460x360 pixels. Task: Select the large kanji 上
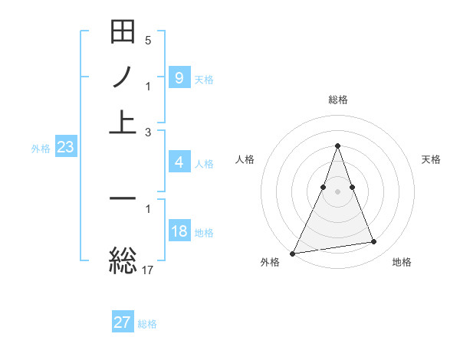pyautogui.click(x=123, y=121)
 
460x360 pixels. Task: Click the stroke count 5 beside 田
pyautogui.click(x=148, y=40)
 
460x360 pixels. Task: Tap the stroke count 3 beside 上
pyautogui.click(x=148, y=132)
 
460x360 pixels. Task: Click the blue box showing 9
pyautogui.click(x=179, y=77)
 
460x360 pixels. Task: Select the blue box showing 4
pyautogui.click(x=179, y=162)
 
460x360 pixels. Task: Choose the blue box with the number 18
pyautogui.click(x=179, y=232)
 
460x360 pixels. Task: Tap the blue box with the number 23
pyautogui.click(x=65, y=148)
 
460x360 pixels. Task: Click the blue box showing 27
pyautogui.click(x=123, y=322)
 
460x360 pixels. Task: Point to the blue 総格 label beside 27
pyautogui.click(x=147, y=324)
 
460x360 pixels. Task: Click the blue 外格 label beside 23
pyautogui.click(x=41, y=149)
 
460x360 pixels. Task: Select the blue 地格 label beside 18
pyautogui.click(x=204, y=233)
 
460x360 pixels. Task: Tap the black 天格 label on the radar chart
pyautogui.click(x=432, y=159)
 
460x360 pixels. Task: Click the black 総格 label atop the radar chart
pyautogui.click(x=337, y=100)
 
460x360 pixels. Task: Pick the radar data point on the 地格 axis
pyautogui.click(x=374, y=242)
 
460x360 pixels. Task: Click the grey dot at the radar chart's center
pyautogui.click(x=337, y=191)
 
